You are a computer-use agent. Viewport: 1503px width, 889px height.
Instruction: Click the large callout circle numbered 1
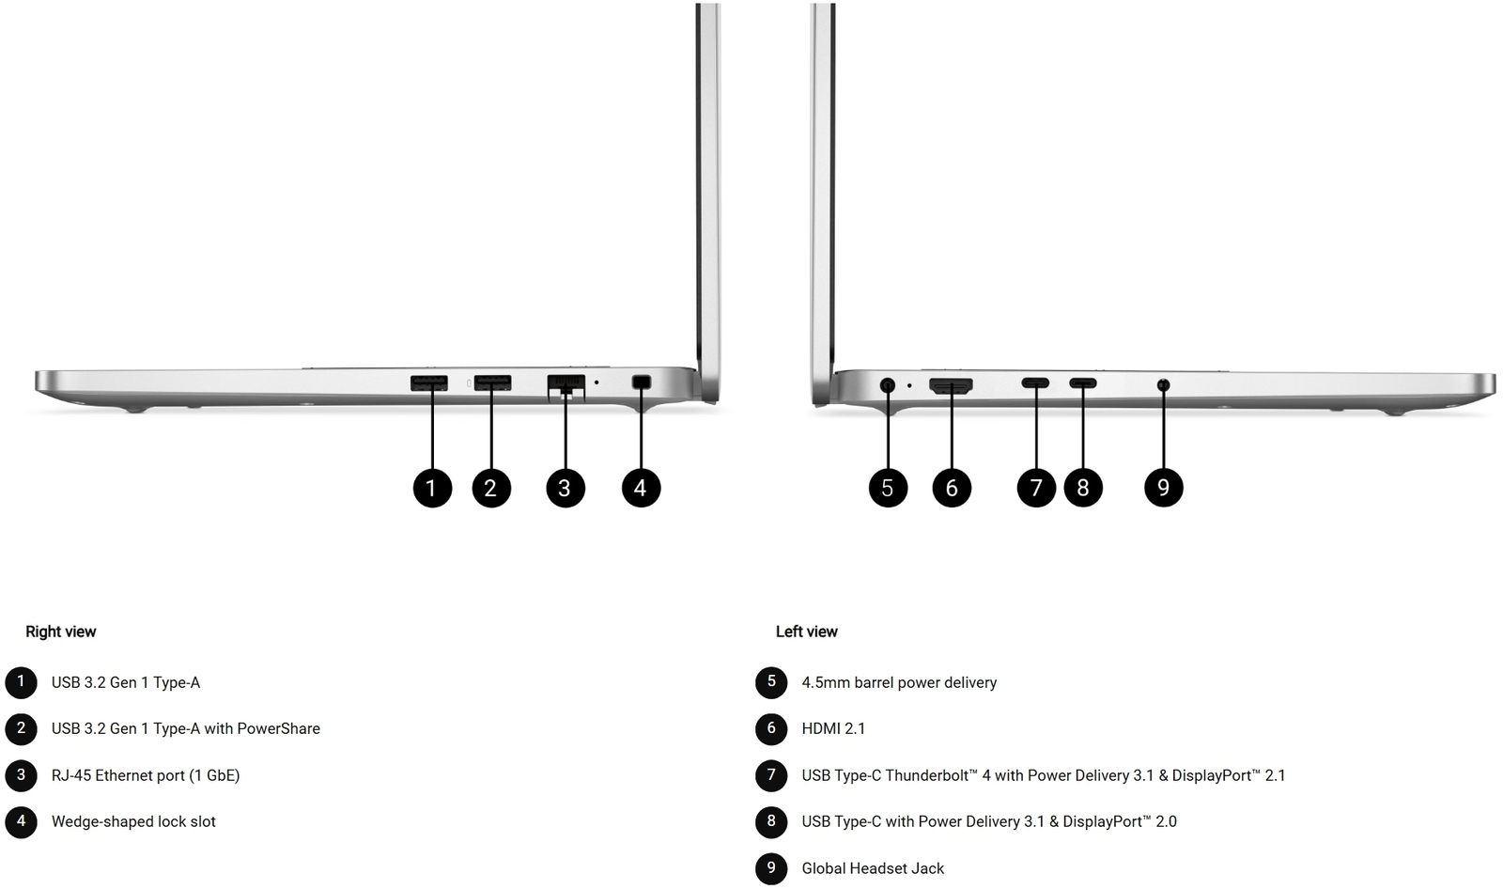tap(432, 488)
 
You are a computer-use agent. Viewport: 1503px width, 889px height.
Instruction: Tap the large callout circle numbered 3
tap(565, 488)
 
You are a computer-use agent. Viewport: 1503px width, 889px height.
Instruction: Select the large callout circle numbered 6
tap(952, 488)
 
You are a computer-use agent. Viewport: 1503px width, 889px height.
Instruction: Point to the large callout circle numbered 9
tap(1164, 488)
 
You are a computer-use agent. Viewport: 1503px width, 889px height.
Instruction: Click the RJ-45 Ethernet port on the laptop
tap(566, 386)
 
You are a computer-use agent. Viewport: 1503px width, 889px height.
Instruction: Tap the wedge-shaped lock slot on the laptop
tap(642, 382)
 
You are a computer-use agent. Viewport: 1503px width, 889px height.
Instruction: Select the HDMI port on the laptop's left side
tap(951, 385)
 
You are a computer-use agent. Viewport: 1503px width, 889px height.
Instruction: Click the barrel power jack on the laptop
tap(887, 385)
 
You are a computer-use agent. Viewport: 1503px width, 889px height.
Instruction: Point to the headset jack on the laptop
tap(1164, 384)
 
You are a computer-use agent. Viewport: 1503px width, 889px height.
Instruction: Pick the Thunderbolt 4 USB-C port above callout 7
tap(1035, 383)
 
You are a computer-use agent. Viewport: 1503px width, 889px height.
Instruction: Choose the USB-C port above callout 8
tap(1083, 383)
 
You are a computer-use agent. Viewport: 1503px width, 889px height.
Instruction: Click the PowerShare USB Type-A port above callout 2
tap(492, 382)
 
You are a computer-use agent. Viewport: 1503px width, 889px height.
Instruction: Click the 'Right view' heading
tap(60, 632)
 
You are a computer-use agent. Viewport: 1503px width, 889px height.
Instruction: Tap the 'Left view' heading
tap(807, 632)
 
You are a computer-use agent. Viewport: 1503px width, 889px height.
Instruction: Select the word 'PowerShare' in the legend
tap(278, 728)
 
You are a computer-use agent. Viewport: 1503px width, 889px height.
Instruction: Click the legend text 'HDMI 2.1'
tap(833, 728)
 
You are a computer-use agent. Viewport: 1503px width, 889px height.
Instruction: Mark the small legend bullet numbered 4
tap(21, 822)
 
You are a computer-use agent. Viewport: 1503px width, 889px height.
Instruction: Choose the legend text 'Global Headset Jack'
tap(873, 869)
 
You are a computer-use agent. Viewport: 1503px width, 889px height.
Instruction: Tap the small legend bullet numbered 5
tap(771, 682)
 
